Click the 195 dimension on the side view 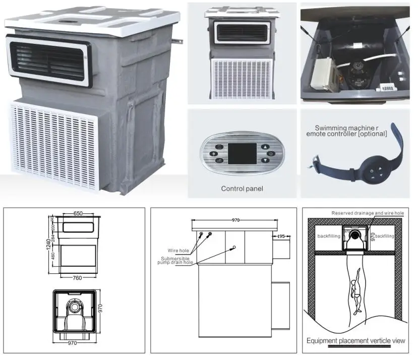coord(281,236)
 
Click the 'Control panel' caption coord(243,189)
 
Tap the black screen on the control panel coord(243,154)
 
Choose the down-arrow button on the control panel coord(265,161)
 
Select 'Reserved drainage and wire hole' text coord(368,213)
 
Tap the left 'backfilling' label coord(328,236)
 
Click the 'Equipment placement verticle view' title coord(356,341)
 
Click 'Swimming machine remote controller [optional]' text coord(351,131)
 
